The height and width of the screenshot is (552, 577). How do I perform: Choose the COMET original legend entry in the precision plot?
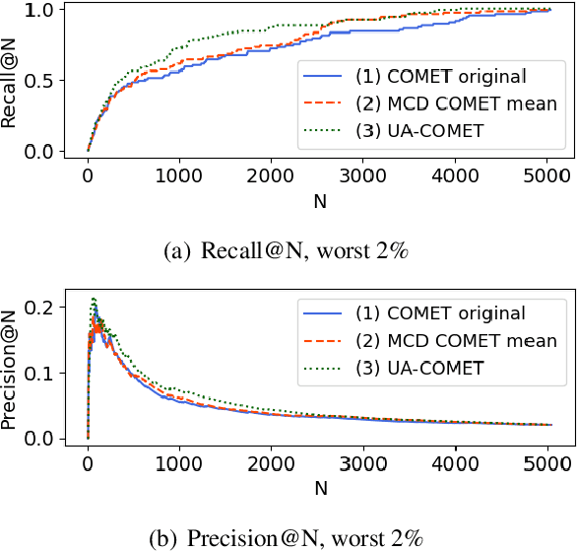[430, 313]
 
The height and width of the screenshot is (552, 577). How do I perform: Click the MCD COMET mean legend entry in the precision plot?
[430, 341]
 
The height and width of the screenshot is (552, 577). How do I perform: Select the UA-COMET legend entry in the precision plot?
[430, 369]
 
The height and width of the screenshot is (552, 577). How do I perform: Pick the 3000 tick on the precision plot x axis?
[362, 462]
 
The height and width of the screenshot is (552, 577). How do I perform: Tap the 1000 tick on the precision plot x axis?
[179, 462]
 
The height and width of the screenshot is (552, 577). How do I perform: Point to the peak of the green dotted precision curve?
[94, 298]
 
